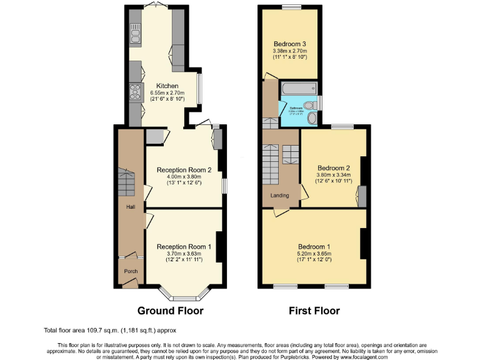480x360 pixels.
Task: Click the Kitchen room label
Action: tap(167, 86)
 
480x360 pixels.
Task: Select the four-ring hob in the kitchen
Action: tap(134, 94)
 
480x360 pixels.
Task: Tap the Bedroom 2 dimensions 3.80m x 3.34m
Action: tap(333, 176)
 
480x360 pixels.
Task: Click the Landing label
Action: tap(279, 195)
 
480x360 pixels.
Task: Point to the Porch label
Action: tap(131, 271)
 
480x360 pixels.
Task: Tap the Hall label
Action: tap(130, 206)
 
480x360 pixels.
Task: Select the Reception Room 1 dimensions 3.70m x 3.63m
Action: tap(184, 254)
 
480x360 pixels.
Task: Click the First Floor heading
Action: tap(314, 311)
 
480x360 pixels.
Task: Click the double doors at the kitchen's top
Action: tap(155, 6)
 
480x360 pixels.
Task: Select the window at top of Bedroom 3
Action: tap(290, 7)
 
